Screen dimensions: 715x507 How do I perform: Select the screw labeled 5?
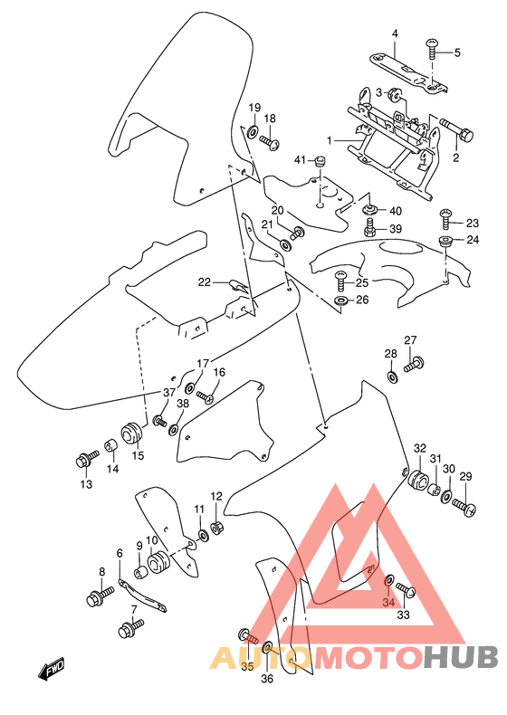click(x=432, y=45)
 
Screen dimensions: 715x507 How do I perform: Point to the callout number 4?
click(x=395, y=34)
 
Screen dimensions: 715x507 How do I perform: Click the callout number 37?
click(x=168, y=392)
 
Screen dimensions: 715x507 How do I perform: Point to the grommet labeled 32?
click(x=417, y=481)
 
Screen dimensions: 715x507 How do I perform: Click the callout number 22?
click(x=206, y=282)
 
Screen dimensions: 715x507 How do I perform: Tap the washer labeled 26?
click(x=340, y=300)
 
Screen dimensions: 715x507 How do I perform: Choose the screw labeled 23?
click(x=446, y=215)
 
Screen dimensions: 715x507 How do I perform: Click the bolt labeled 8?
click(x=97, y=596)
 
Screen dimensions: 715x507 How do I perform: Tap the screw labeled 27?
click(x=415, y=365)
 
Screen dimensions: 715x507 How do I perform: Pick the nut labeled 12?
click(x=217, y=528)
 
